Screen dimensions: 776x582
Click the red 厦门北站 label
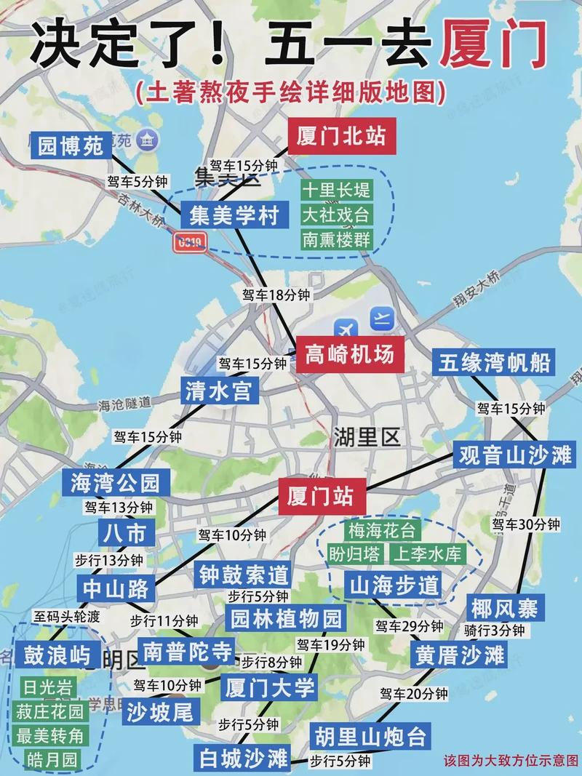point(341,135)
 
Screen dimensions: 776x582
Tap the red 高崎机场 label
point(349,354)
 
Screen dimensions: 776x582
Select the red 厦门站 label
point(320,497)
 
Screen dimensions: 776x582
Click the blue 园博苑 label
point(71,146)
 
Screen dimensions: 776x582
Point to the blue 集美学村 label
point(234,216)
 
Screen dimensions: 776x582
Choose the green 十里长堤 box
point(336,191)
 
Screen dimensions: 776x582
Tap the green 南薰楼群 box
point(336,239)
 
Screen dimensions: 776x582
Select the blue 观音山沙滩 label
point(515,456)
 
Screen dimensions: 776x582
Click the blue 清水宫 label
point(218,392)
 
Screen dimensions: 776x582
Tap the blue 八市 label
point(127,533)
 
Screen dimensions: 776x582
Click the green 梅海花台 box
point(381,529)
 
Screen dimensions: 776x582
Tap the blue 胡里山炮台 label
point(370,737)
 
